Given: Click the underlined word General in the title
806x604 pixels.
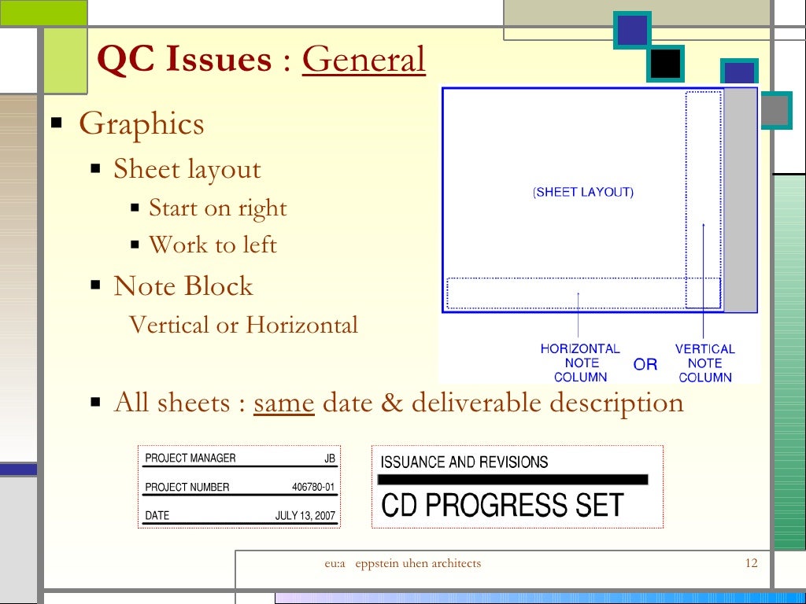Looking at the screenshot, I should point(364,61).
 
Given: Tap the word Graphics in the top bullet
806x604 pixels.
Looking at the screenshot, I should point(142,124).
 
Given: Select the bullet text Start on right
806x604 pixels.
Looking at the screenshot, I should point(218,208).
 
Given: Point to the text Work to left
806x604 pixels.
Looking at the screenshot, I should point(213,245).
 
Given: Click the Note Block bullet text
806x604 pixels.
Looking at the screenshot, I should point(183,286).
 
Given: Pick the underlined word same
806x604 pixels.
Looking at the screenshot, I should point(284,403).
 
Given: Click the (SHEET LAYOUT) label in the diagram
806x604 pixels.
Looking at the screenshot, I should point(583,192).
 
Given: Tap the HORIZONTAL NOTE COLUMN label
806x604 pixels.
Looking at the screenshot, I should point(580,363).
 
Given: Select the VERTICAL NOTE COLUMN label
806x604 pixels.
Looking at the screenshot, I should point(704,363).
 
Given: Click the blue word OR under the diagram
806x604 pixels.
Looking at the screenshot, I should point(645,364).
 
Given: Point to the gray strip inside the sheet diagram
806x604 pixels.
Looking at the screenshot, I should point(740,201).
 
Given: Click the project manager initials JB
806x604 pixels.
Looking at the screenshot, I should point(330,459).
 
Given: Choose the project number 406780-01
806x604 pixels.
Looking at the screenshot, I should point(313,488).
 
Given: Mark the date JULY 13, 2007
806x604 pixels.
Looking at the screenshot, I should point(305,517).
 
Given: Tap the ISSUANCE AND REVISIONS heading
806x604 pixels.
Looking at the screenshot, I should point(464,462).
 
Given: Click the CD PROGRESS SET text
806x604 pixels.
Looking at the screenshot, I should point(502,505).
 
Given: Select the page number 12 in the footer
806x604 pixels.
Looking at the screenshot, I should point(750,563).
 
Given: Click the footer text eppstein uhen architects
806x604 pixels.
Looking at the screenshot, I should point(418,563).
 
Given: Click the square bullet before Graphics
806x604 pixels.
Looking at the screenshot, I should point(57,123).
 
